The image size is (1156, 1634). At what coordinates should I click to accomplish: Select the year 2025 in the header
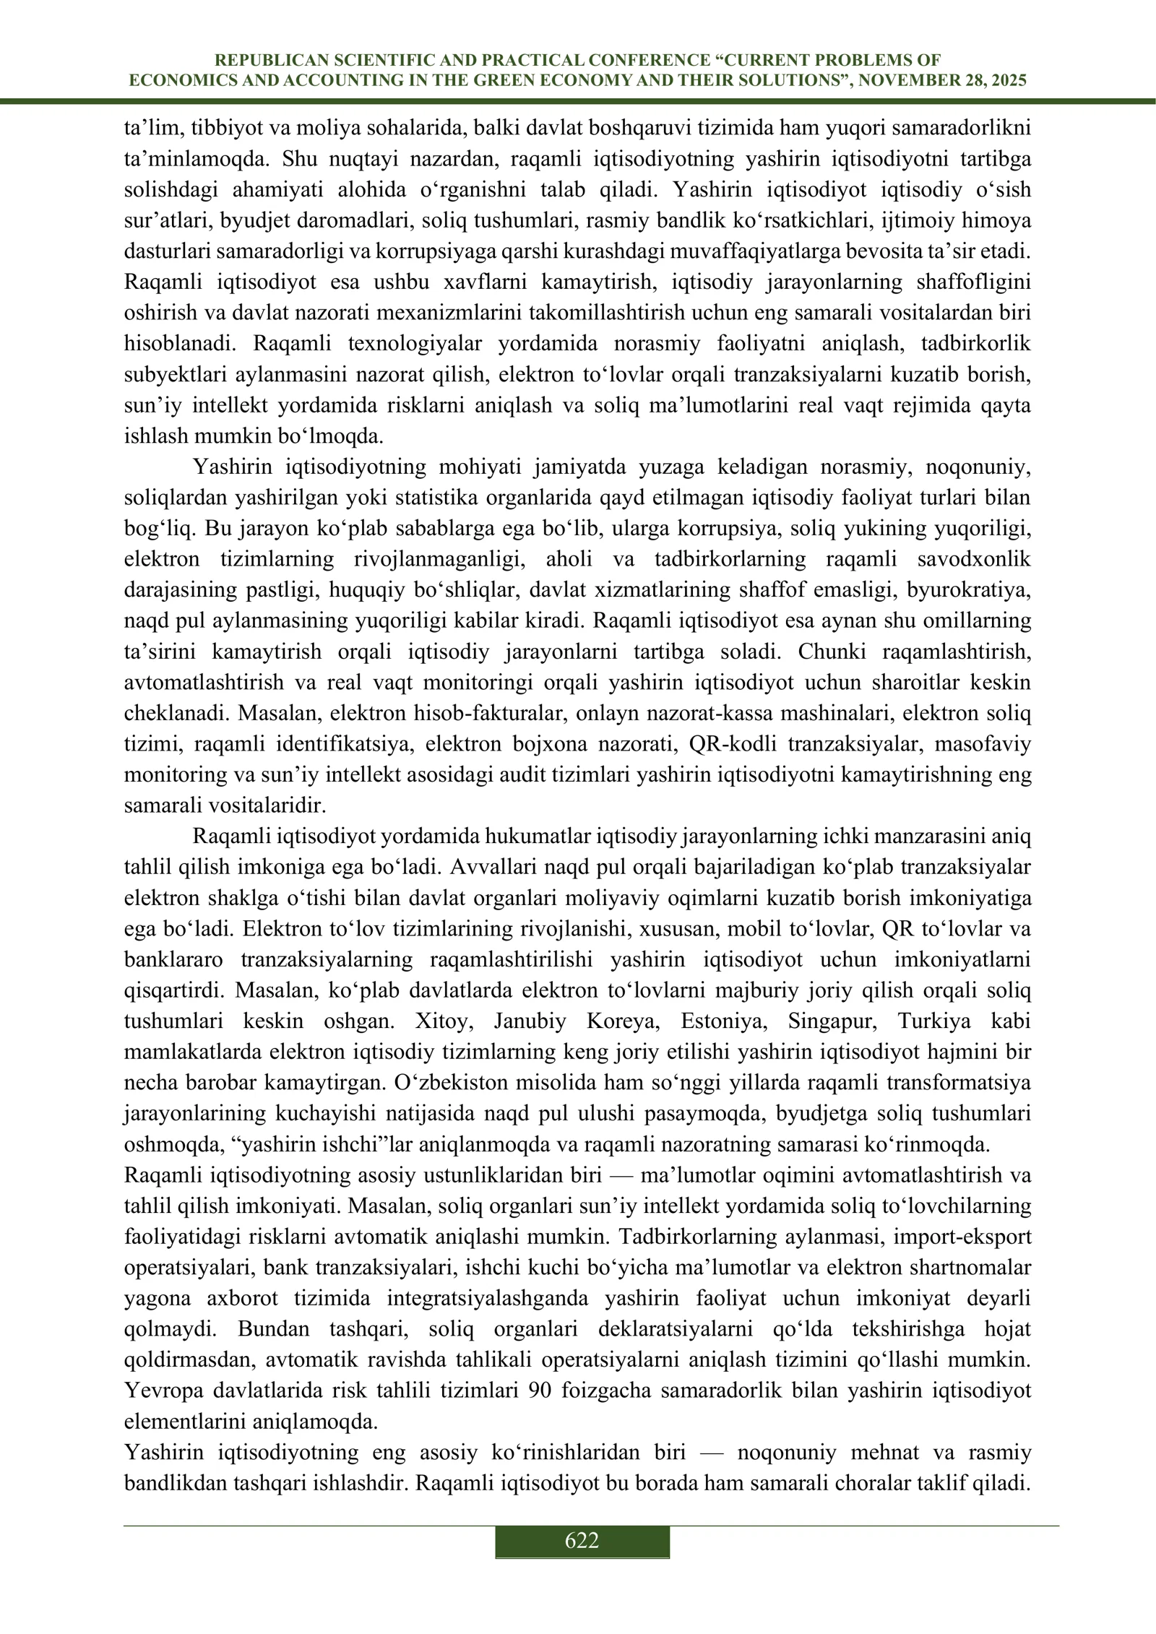coord(1006,81)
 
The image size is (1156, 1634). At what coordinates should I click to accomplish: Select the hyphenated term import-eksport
coord(962,1237)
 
